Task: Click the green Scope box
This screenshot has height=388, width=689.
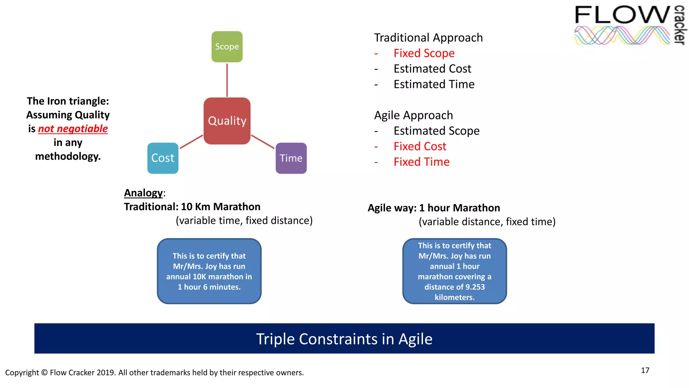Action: coord(227,46)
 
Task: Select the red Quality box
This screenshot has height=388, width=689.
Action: coord(227,121)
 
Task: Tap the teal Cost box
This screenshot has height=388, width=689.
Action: coord(163,158)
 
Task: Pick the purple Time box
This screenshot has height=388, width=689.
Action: coord(291,158)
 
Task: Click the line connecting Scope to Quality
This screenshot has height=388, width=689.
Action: coord(227,80)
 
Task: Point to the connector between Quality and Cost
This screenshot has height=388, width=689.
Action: coord(191,142)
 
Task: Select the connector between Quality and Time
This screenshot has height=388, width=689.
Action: coord(263,142)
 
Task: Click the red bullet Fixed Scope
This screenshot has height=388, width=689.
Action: coord(424,53)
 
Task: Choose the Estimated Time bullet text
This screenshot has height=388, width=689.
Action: coord(434,84)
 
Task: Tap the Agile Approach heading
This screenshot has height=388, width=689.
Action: coord(413,115)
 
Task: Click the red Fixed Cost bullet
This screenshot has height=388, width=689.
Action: coord(420,146)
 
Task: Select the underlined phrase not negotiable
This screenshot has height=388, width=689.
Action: coord(73,129)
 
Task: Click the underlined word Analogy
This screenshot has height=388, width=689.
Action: coord(143,193)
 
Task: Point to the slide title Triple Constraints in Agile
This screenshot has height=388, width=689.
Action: coord(344,339)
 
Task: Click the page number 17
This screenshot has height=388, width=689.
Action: coord(645,370)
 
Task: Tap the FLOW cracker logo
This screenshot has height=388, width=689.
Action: coord(629,25)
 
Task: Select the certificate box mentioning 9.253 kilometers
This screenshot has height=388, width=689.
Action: coord(455,271)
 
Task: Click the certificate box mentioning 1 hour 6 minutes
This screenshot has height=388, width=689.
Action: coord(209,271)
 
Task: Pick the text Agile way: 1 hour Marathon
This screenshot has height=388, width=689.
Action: coord(434,208)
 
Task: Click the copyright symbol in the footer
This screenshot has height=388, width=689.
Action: coord(44,373)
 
